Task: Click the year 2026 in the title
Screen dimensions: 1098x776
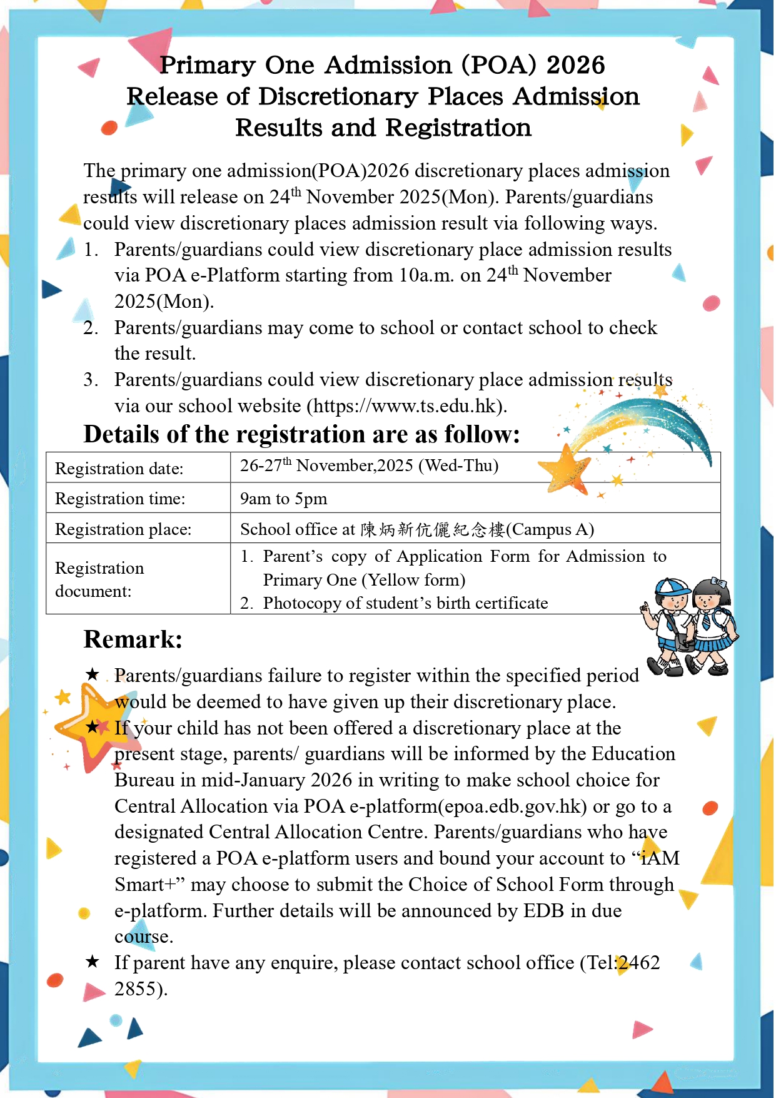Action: click(575, 65)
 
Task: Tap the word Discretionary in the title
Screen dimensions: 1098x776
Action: click(338, 96)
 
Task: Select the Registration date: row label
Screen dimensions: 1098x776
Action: click(119, 469)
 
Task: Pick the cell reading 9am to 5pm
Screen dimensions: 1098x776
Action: click(284, 499)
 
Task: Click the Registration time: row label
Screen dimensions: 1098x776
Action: click(120, 499)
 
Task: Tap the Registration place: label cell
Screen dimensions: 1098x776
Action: click(123, 529)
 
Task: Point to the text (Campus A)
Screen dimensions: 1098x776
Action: click(550, 529)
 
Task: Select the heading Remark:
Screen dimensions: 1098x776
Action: click(133, 639)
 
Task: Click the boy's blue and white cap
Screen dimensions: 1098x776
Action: click(672, 587)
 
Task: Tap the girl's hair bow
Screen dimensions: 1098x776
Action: click(718, 582)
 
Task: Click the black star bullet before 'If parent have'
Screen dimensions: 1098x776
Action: click(93, 962)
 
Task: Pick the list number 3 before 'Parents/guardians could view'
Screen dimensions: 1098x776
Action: click(90, 380)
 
